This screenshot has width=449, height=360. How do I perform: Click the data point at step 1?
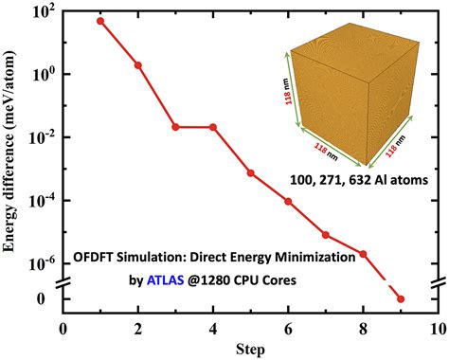[x=100, y=21]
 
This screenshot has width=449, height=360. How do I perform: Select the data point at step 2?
[x=138, y=65]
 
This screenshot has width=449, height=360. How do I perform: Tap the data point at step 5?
[x=250, y=172]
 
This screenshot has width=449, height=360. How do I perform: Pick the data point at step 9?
[x=400, y=299]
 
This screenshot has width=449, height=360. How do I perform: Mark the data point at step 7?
[x=325, y=234]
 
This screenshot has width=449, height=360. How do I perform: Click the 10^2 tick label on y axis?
[x=39, y=12]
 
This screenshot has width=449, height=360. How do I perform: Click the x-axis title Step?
[x=250, y=350]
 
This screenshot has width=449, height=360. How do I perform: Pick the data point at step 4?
[x=213, y=126]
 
